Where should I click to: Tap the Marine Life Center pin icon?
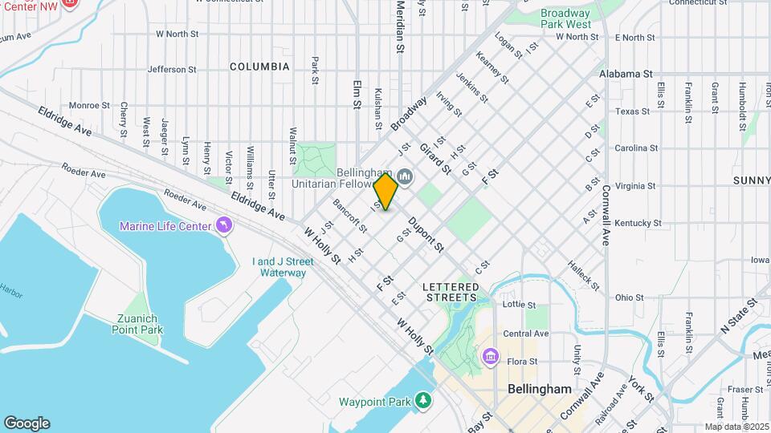[222, 226]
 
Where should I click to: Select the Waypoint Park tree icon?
[423, 401]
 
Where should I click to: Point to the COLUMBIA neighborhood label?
[259, 67]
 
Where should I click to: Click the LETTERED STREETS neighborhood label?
[451, 292]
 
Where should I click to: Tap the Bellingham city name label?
[540, 389]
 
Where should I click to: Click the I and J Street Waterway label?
[279, 267]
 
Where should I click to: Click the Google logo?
[27, 423]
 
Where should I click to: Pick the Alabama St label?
[625, 74]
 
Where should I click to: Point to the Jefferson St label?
[172, 70]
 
